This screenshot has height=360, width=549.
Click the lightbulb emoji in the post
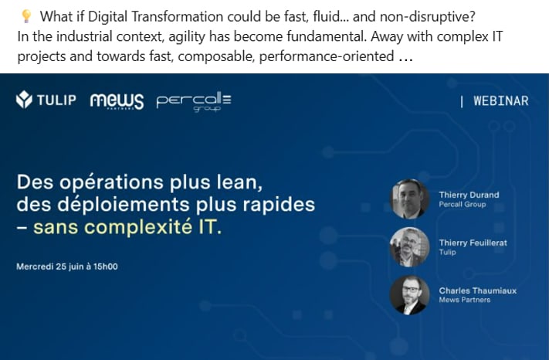[26, 16]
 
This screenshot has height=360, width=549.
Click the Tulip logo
[46, 100]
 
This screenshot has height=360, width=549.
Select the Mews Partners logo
[117, 101]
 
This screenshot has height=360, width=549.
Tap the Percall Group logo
[194, 102]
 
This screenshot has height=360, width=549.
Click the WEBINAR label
[500, 101]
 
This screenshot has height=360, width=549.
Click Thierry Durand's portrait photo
[409, 199]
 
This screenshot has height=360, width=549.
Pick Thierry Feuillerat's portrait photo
[409, 247]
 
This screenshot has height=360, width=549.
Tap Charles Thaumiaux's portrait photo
[409, 295]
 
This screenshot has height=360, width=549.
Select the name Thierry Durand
[469, 195]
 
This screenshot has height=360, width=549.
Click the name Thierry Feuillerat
[473, 243]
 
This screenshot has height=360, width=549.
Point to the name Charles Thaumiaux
[477, 290]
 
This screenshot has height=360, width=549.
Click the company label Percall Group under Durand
[463, 204]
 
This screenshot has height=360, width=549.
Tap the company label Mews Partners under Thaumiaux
[464, 300]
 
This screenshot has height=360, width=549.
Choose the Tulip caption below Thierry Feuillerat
[448, 252]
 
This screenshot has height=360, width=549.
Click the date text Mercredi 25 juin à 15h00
[67, 267]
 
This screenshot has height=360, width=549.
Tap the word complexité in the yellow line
[139, 227]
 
